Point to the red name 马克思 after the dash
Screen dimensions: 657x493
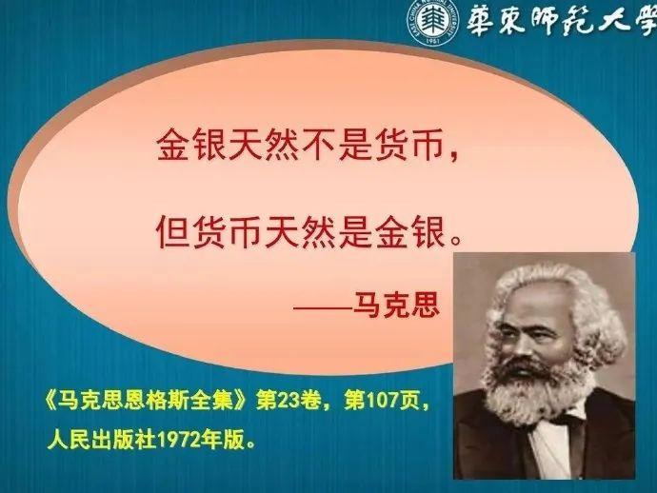(396, 304)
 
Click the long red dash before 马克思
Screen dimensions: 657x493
(323, 307)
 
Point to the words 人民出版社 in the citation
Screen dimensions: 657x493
(102, 440)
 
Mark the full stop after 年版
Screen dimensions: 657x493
(251, 444)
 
